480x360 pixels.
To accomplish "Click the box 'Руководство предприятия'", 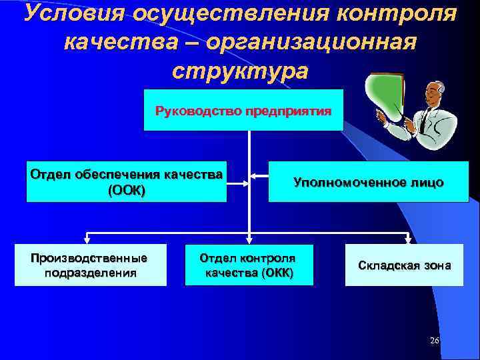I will coord(243,110).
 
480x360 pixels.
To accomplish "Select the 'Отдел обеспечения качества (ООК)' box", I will coord(126,181).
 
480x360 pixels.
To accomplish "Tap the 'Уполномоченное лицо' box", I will coord(368,182).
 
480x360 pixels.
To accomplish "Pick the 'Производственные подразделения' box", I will coord(91,265).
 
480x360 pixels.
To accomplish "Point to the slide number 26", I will coord(435,341).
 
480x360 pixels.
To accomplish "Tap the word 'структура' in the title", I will coord(240,70).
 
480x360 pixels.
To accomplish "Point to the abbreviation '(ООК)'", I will coord(126,190).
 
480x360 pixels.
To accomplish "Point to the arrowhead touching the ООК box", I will coord(231,177).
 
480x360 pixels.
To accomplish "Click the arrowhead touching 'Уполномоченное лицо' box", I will coord(265,177).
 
